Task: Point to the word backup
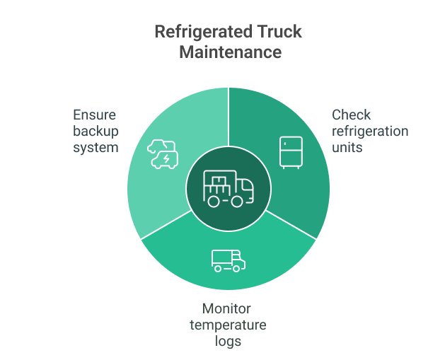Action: pos(96,132)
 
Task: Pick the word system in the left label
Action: pos(96,148)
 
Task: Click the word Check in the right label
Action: pos(351,115)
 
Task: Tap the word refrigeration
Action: pos(370,132)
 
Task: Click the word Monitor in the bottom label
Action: pos(226,309)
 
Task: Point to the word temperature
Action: pos(228,325)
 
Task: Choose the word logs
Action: pos(228,342)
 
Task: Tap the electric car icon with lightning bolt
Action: pos(162,154)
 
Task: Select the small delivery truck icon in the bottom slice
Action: pos(228,260)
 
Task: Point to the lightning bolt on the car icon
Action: pos(166,160)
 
